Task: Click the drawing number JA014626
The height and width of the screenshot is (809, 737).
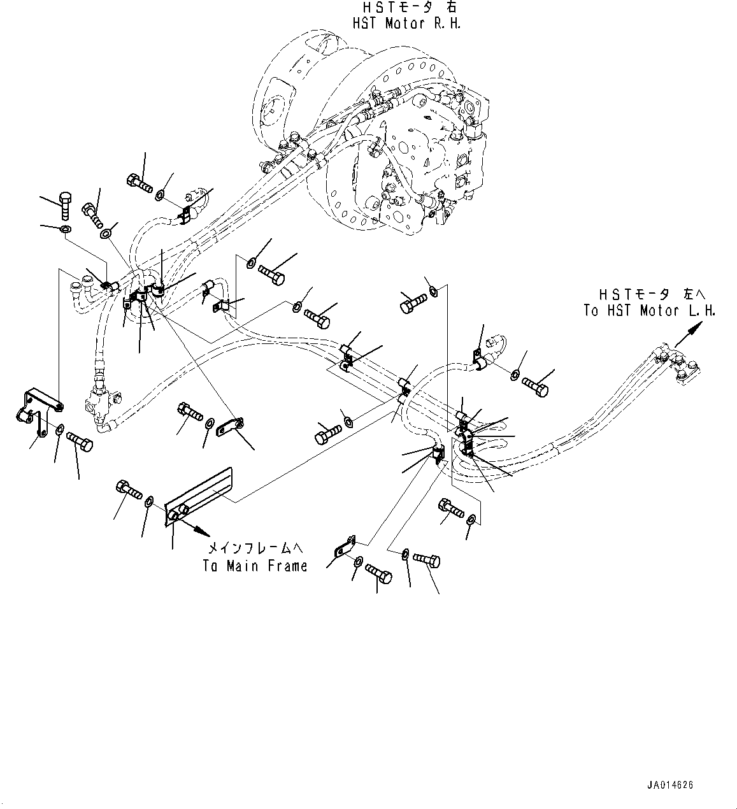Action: tap(670, 785)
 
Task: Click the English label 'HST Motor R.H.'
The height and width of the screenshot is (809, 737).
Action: tap(406, 24)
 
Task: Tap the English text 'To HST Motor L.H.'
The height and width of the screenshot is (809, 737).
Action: tap(650, 310)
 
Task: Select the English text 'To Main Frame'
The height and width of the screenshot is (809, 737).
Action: tap(255, 566)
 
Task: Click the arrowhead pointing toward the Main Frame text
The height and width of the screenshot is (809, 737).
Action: tap(204, 533)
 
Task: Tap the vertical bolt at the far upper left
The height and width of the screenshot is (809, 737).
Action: tap(64, 206)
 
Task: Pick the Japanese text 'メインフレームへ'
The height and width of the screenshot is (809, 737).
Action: tap(255, 548)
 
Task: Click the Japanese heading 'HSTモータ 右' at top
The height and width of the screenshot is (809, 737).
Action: tap(410, 7)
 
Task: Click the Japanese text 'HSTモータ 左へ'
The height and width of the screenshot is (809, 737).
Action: tap(652, 294)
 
